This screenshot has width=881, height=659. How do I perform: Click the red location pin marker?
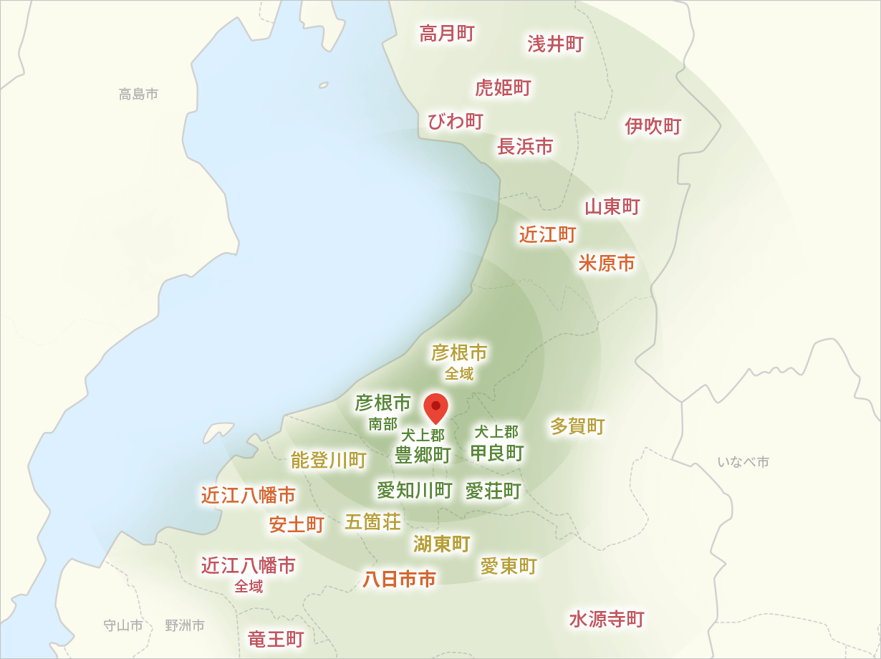435,407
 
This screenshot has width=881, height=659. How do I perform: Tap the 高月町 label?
447,34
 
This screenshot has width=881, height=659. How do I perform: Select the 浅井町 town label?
556,44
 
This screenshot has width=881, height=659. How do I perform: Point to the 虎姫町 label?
503,88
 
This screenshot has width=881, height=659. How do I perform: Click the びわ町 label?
456,121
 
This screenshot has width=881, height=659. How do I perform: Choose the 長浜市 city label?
525,147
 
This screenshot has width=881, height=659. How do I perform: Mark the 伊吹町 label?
653,127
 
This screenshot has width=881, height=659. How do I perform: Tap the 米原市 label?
607,264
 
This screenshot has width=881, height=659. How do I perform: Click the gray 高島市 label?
138,94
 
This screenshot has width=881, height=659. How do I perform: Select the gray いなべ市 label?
743,462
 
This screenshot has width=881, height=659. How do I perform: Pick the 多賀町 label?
577,426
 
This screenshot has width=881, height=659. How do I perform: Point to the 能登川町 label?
329,461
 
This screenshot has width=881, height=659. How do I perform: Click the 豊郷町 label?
423,455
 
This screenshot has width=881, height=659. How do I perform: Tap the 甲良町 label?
497,453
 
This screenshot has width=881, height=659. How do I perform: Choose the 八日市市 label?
399,579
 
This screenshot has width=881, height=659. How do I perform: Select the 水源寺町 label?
607,620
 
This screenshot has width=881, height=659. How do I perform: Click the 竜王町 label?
276,639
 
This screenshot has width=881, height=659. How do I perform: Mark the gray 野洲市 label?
185,625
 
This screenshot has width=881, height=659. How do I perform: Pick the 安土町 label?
297,525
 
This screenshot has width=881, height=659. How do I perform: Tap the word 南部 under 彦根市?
382,424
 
